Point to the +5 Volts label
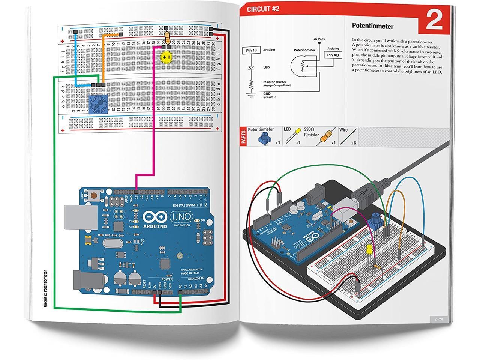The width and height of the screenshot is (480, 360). click(319, 39)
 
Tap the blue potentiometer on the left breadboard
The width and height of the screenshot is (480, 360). click(97, 103)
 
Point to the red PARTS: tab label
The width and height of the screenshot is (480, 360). click(244, 137)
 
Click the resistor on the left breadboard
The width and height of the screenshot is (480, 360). click(166, 36)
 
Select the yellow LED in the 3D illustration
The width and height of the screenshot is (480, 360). click(369, 250)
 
